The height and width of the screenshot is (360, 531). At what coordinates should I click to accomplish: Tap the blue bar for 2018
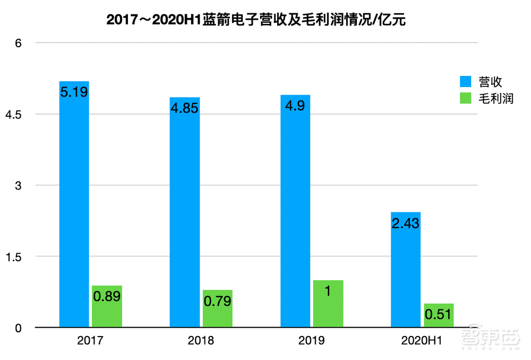click(184, 212)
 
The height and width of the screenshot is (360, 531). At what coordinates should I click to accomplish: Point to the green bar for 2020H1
click(439, 315)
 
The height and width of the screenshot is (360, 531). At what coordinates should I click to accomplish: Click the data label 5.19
click(74, 92)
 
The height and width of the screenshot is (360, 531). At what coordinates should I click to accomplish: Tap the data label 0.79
click(217, 301)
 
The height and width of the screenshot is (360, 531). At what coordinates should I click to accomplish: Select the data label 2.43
click(406, 223)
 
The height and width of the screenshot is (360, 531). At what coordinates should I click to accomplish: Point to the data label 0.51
click(439, 315)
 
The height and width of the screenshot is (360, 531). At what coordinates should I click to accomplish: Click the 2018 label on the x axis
click(201, 340)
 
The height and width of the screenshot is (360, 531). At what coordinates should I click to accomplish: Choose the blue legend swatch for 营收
click(465, 82)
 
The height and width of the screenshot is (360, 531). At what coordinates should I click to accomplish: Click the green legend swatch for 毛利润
click(465, 98)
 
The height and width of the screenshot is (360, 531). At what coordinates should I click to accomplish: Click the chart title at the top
click(256, 20)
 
